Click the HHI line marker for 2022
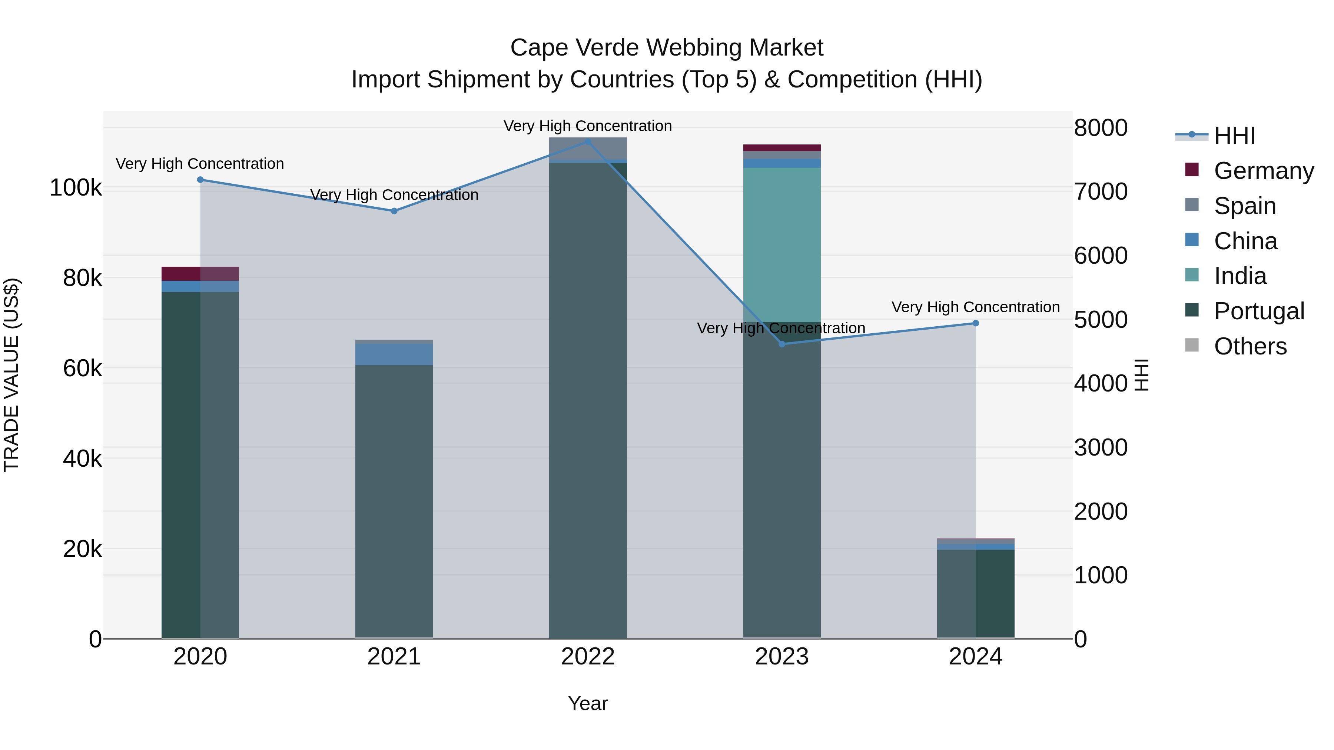pyautogui.click(x=588, y=141)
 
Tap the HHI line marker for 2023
pyautogui.click(x=782, y=344)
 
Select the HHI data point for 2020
pyautogui.click(x=200, y=180)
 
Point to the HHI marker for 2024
pyautogui.click(x=976, y=323)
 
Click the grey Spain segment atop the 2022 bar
pyautogui.click(x=588, y=148)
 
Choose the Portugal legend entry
pyautogui.click(x=1258, y=311)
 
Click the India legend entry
pyautogui.click(x=1240, y=276)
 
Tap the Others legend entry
pyautogui.click(x=1250, y=346)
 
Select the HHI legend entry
pyautogui.click(x=1234, y=136)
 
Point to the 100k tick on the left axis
pyautogui.click(x=76, y=187)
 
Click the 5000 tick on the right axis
pyautogui.click(x=1101, y=319)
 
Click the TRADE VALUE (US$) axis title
pyautogui.click(x=11, y=375)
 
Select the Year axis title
pyautogui.click(x=588, y=703)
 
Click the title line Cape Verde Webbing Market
pyautogui.click(x=667, y=48)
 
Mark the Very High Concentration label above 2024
pyautogui.click(x=976, y=307)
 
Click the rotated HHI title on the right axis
pyautogui.click(x=1141, y=375)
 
